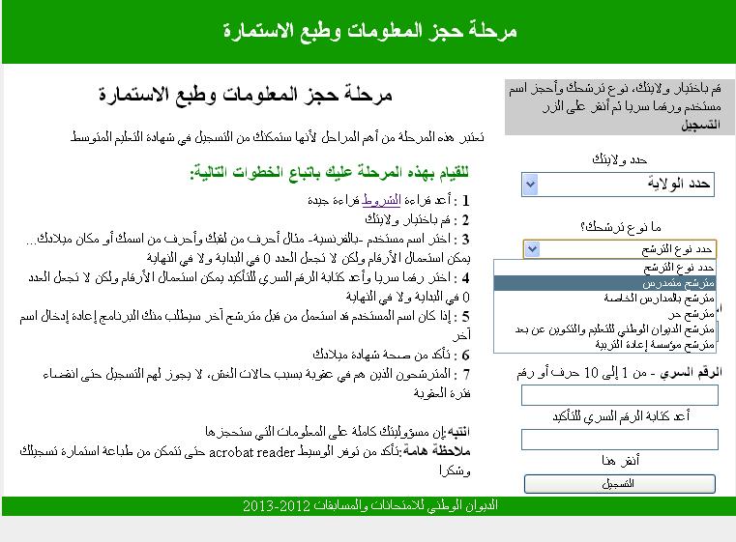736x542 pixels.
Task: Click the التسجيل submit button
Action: coord(620,483)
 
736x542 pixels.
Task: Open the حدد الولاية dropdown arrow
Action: coord(530,184)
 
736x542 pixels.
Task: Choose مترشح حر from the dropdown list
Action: coord(696,313)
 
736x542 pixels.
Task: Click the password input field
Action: coord(620,395)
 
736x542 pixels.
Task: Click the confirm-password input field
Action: coord(620,440)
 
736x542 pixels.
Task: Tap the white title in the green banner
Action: coord(368,31)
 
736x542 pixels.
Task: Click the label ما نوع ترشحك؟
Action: coord(620,227)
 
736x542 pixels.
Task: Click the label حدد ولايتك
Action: coord(620,158)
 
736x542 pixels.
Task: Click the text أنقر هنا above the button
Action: coord(620,460)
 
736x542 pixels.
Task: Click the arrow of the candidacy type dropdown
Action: coord(530,249)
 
